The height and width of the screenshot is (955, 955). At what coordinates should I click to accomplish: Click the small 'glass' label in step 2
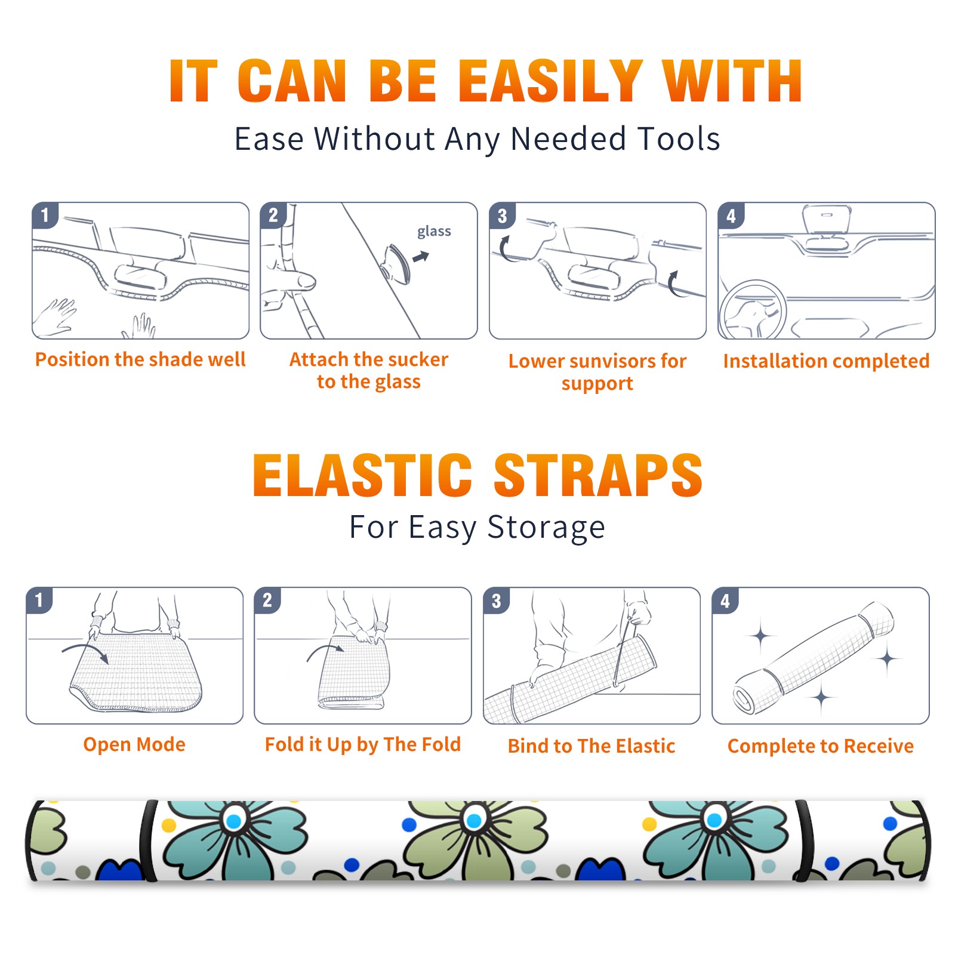coord(434,232)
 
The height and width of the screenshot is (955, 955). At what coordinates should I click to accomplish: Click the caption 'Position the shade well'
coord(140,359)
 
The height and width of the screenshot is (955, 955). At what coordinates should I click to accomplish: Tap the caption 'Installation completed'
coord(826,361)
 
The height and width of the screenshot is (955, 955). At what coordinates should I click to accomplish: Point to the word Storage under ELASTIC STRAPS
coord(546,528)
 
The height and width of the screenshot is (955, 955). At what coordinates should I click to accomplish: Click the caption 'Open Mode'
coord(134,744)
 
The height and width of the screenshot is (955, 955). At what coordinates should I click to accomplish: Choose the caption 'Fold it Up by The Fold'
coord(363,744)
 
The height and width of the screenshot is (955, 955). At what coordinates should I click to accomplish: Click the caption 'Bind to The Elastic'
coord(592,746)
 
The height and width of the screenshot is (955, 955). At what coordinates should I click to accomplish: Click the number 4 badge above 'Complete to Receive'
coord(725,600)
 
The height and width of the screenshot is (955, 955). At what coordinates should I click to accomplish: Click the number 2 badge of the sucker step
coord(273,215)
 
